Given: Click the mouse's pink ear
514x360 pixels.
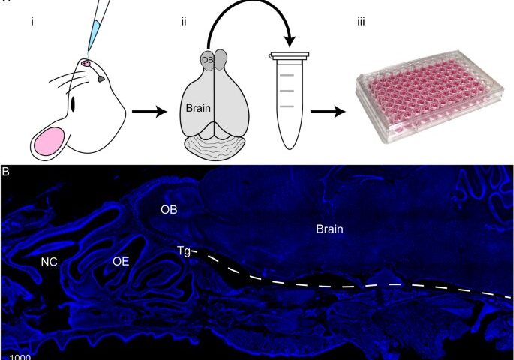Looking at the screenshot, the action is point(50,141).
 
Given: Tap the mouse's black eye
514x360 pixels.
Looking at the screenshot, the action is point(73,104).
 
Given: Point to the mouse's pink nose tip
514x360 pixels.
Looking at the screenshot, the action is point(86,63).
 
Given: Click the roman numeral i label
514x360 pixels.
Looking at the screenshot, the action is point(32,22).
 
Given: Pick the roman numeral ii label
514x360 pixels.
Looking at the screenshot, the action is point(184,22).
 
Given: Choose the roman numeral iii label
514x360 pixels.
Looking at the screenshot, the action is point(361,22).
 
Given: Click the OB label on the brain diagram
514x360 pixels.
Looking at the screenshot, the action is point(208,60).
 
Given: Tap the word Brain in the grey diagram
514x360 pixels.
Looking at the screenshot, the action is point(198,108).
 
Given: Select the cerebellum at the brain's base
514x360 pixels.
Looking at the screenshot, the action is point(215,148).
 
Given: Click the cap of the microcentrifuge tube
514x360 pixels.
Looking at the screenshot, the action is point(289,56).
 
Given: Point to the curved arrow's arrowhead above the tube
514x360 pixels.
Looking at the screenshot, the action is point(290,41).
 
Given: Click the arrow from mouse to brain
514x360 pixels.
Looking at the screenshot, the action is point(149,112).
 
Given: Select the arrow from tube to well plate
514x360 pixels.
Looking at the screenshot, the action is point(328,112).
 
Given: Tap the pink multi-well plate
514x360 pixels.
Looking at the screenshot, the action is point(430,96).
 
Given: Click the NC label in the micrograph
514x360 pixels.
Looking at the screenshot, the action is point(50,262).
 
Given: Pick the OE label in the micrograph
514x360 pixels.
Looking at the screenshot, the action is point(121,262).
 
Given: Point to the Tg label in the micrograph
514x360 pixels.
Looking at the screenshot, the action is point(184,251).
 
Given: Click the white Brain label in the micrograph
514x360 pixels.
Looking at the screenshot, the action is point(329,229).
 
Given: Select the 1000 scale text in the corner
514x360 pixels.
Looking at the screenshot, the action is point(20,357).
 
